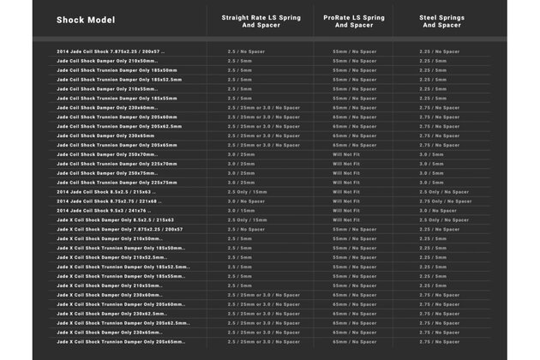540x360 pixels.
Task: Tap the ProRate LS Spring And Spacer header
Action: tap(353, 21)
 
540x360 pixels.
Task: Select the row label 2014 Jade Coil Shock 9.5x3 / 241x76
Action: tap(104, 210)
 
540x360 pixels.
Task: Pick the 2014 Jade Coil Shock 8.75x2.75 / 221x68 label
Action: tap(110, 201)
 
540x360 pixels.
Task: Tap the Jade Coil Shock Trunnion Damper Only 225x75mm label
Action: tap(117, 182)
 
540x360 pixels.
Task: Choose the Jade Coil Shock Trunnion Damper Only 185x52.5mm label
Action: tap(119, 80)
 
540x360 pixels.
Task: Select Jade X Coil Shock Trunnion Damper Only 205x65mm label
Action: tap(121, 341)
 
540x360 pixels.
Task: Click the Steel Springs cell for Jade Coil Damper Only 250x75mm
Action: tap(431, 172)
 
